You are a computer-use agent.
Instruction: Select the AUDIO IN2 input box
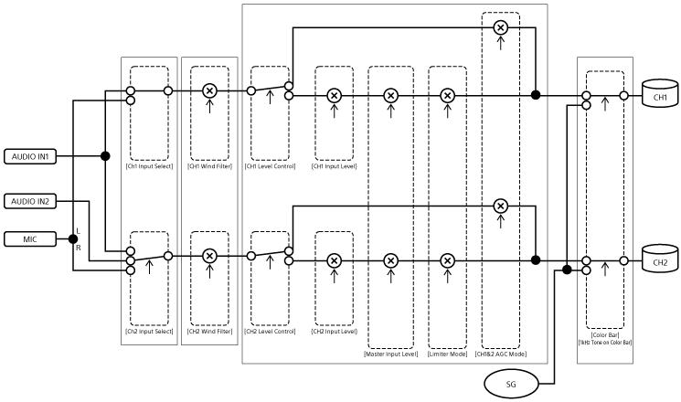[31, 200]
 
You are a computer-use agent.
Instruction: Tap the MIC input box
[31, 239]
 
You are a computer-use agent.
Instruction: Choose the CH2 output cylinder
[659, 260]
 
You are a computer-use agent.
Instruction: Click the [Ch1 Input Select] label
[149, 165]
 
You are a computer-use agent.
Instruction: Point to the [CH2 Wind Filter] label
[209, 331]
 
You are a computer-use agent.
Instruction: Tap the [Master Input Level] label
[390, 352]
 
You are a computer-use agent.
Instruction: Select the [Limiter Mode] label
[447, 352]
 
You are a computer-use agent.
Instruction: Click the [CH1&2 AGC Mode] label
[500, 352]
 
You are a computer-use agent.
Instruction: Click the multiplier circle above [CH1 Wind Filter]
[209, 91]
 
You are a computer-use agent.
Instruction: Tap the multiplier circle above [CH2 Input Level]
[334, 260]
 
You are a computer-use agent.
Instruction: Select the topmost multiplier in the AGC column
[500, 28]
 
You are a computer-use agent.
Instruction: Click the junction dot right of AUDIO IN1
[106, 155]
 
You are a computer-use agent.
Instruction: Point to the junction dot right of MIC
[74, 239]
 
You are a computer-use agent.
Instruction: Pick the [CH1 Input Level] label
[334, 165]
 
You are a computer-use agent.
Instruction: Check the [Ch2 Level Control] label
[270, 331]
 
